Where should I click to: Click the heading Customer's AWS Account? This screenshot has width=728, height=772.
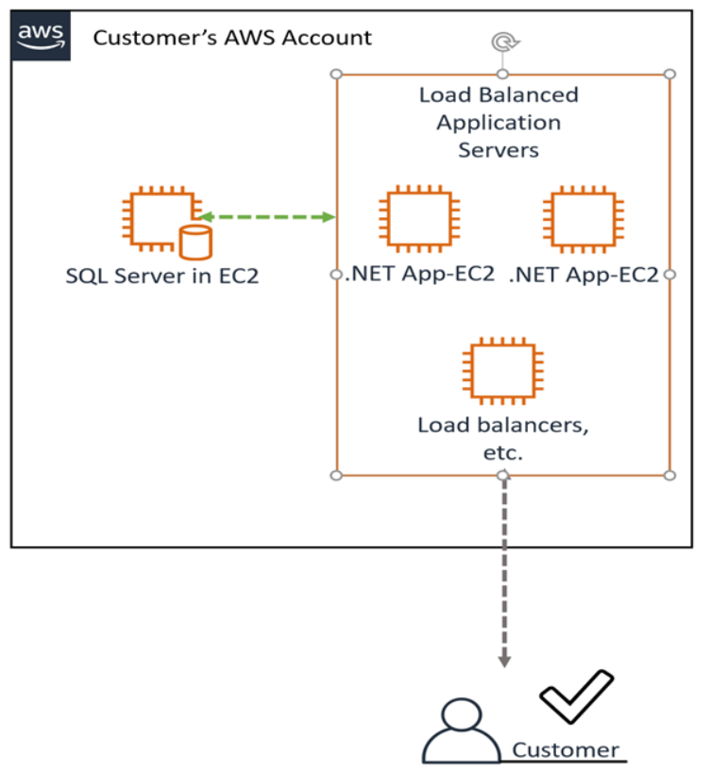tap(232, 39)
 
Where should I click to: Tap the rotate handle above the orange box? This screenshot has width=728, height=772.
tap(503, 42)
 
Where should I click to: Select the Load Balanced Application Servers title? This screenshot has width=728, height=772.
tap(499, 123)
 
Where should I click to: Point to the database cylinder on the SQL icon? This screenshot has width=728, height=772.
tap(195, 242)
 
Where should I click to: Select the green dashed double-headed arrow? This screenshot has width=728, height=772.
tap(267, 217)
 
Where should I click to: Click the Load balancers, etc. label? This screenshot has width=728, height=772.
tap(502, 438)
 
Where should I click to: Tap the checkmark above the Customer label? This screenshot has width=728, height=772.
tap(576, 699)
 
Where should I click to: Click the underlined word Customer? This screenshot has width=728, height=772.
tap(566, 750)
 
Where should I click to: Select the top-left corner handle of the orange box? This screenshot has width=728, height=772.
tap(336, 74)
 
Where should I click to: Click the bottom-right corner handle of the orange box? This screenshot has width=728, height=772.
tap(669, 475)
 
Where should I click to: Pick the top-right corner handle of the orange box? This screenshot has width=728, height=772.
tap(669, 74)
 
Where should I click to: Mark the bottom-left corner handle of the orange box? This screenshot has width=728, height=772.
tap(336, 475)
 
